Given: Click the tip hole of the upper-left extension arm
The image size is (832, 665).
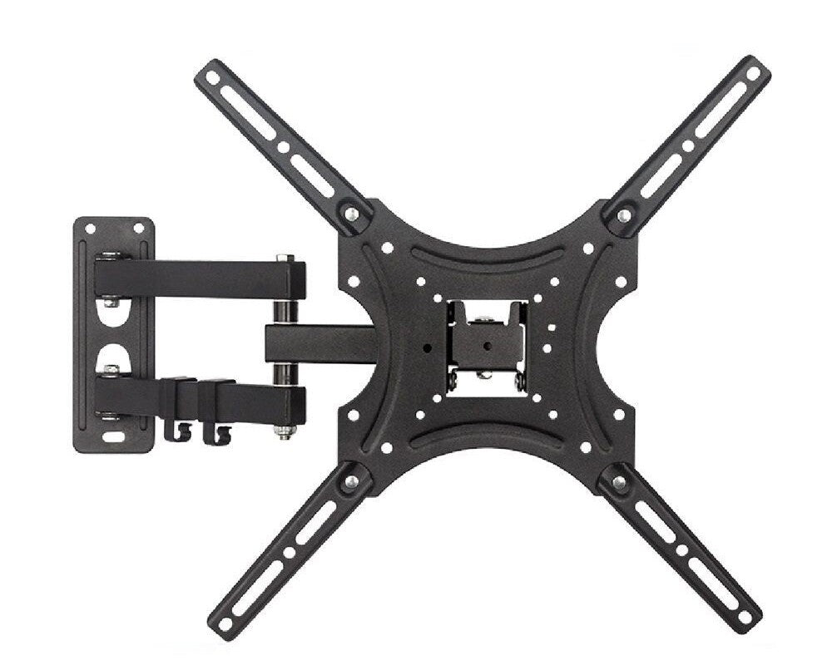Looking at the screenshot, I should (211, 76).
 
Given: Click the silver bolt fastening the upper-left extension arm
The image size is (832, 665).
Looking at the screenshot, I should (352, 214).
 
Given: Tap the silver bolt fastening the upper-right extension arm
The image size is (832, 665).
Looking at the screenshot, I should (623, 215).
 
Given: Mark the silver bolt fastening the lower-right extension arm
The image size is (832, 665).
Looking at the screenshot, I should (619, 481).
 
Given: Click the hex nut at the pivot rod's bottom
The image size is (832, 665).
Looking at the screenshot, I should (285, 431).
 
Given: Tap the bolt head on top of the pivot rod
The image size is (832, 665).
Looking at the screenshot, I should (285, 258).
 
